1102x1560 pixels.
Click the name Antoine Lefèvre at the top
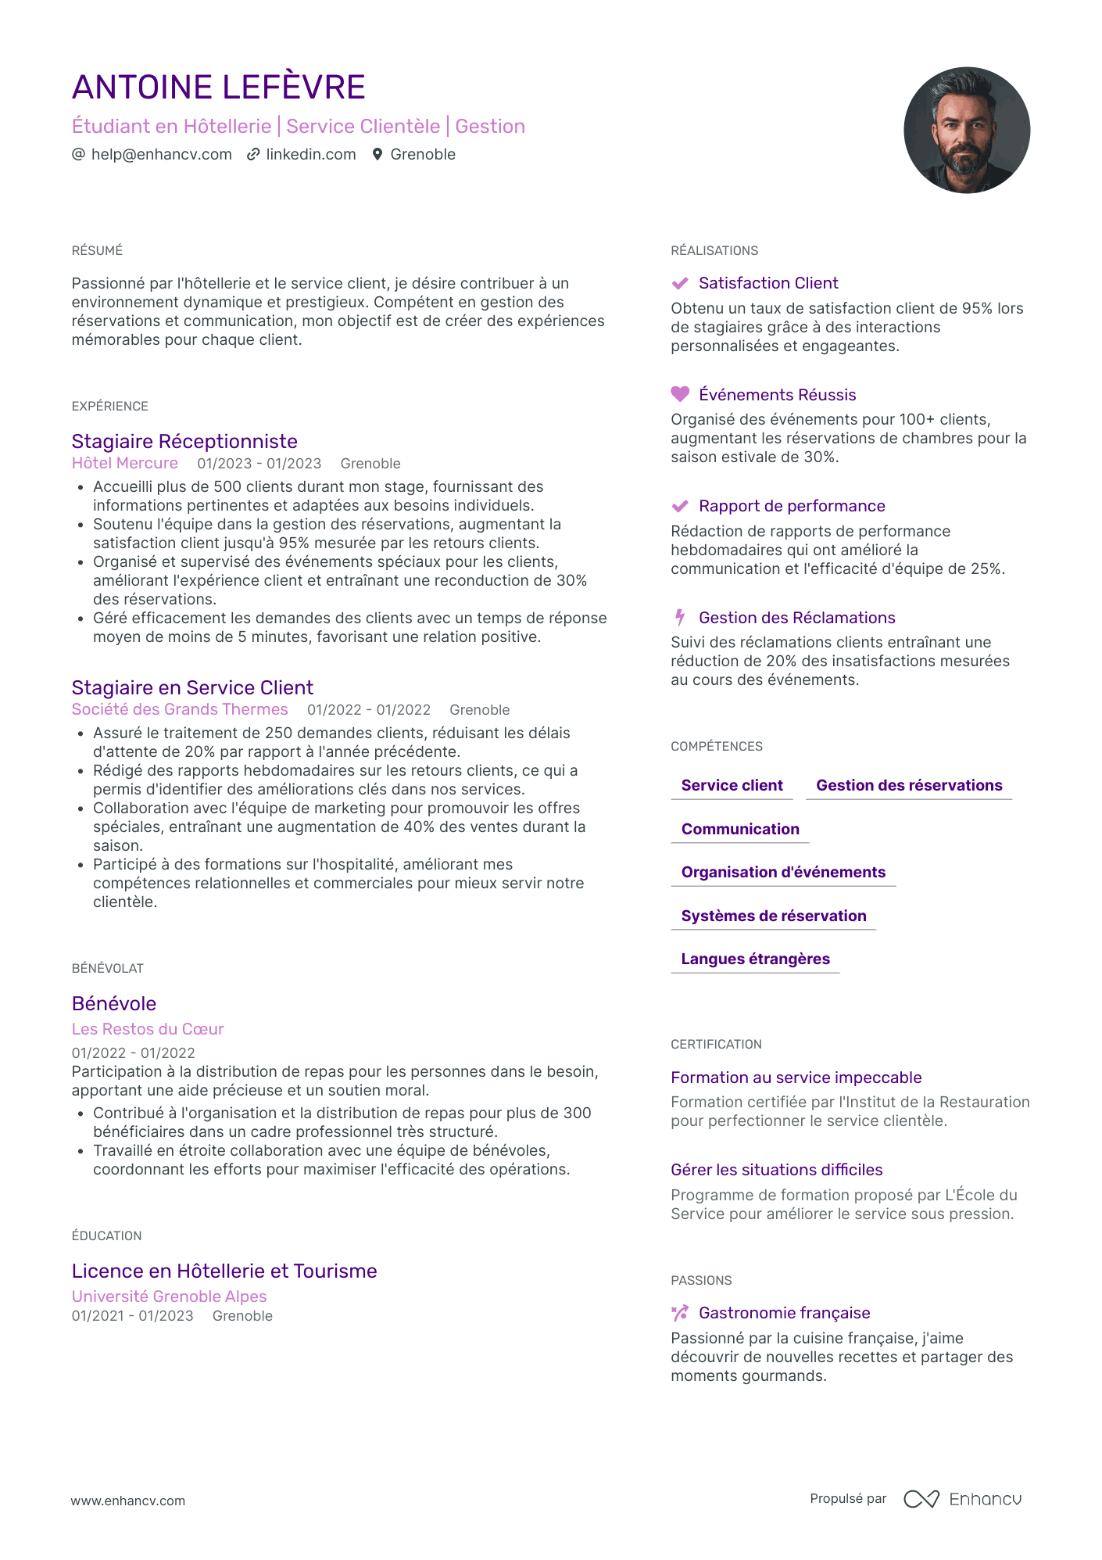point(219,88)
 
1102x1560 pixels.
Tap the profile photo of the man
point(966,130)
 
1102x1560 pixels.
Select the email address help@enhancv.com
point(161,155)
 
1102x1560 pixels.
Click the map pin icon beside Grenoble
point(377,155)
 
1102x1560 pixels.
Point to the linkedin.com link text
point(310,155)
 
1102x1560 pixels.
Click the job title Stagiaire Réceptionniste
point(184,442)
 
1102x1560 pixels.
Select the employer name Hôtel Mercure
point(125,463)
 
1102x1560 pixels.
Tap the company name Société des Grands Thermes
point(180,709)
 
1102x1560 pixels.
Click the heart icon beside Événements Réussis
point(680,394)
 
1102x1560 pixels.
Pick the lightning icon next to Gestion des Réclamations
point(680,618)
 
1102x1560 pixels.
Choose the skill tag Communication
point(740,829)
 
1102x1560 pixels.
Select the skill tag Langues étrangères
point(755,959)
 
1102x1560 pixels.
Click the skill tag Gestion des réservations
point(909,785)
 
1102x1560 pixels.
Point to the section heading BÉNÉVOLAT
point(108,969)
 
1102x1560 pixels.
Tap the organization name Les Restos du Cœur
point(148,1029)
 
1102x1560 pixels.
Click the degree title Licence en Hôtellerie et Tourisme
point(224,1271)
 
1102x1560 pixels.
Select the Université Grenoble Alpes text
point(169,1296)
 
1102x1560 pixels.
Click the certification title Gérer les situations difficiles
point(776,1170)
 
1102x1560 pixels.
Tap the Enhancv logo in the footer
point(962,1499)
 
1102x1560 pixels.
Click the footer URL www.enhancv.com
point(128,1501)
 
